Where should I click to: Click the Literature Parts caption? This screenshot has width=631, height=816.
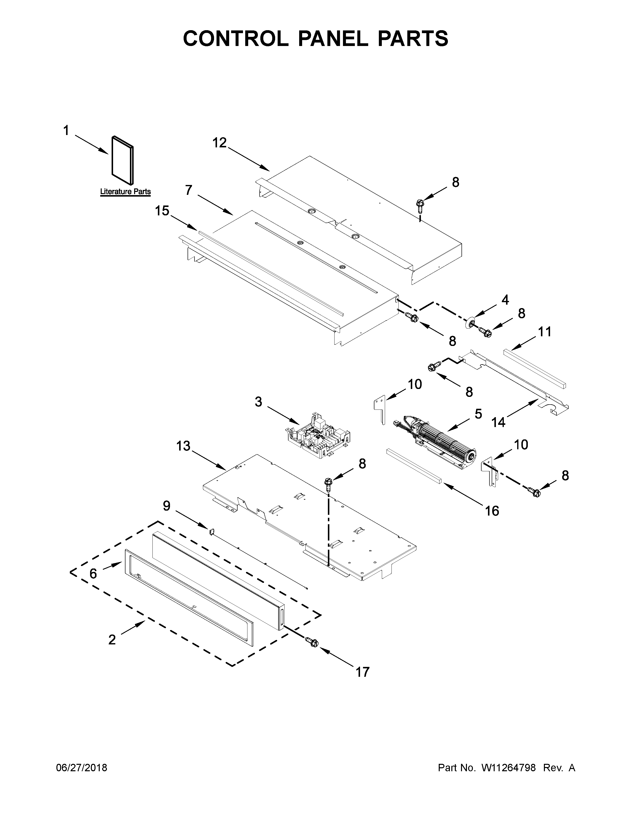(125, 192)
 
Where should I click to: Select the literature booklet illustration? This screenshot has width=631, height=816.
(122, 160)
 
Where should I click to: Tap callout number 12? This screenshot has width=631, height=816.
(219, 143)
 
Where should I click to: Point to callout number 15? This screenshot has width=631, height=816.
(162, 211)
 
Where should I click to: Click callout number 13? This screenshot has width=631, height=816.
(184, 446)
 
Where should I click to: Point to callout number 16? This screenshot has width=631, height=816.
(492, 511)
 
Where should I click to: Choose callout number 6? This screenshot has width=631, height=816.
(93, 573)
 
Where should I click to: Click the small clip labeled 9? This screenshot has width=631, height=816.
(211, 531)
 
